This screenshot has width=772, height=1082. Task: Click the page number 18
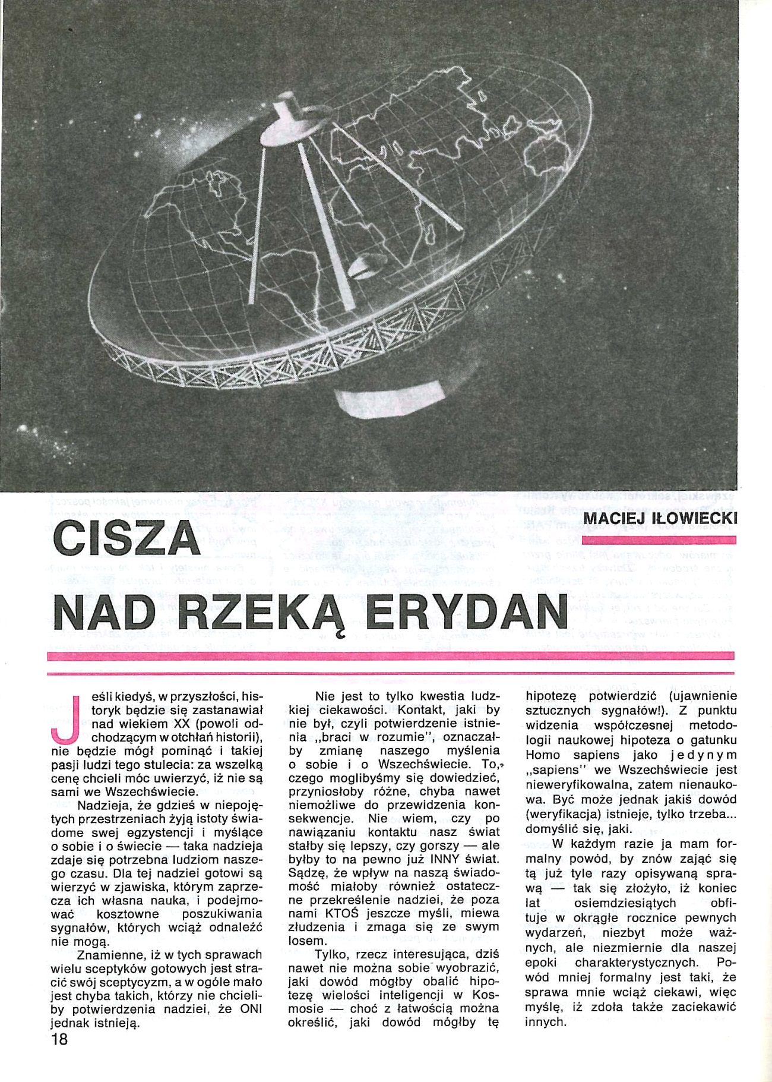pyautogui.click(x=60, y=1039)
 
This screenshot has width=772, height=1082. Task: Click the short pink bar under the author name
pyautogui.click(x=659, y=540)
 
